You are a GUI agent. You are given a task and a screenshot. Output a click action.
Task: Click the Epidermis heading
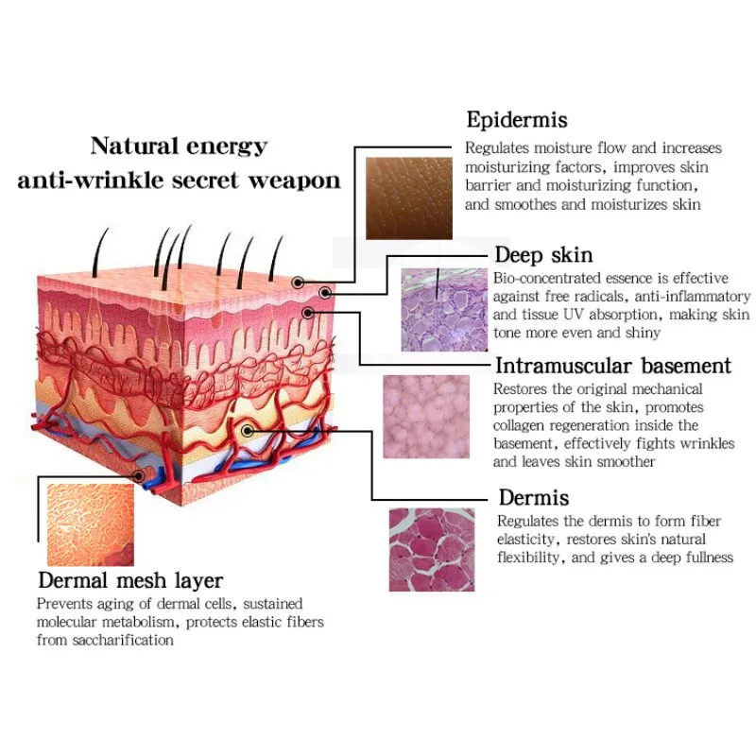(517, 121)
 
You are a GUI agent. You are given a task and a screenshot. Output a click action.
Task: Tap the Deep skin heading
(544, 255)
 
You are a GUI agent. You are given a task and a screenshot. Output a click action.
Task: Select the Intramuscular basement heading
(613, 366)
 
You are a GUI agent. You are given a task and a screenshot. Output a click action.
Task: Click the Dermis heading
(534, 498)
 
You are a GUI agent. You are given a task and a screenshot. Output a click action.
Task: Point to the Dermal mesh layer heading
(130, 580)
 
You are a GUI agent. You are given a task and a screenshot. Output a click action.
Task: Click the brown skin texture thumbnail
(409, 198)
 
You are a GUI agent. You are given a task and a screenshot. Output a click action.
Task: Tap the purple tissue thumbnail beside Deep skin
(444, 310)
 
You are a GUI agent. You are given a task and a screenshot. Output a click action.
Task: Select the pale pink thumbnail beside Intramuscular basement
(426, 417)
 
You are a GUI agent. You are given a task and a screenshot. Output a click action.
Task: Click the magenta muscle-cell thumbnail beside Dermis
(432, 550)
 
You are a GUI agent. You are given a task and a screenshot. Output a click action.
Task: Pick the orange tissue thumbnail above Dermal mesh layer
(91, 524)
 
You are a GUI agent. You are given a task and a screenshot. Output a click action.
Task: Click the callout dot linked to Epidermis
(298, 283)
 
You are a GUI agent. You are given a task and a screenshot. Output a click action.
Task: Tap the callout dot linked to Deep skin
(325, 293)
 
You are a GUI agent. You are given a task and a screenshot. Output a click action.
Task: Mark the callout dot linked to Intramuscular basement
(308, 313)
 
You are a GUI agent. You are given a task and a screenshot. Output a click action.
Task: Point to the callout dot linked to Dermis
(248, 431)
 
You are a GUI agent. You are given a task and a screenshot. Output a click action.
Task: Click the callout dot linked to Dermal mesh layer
(139, 476)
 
